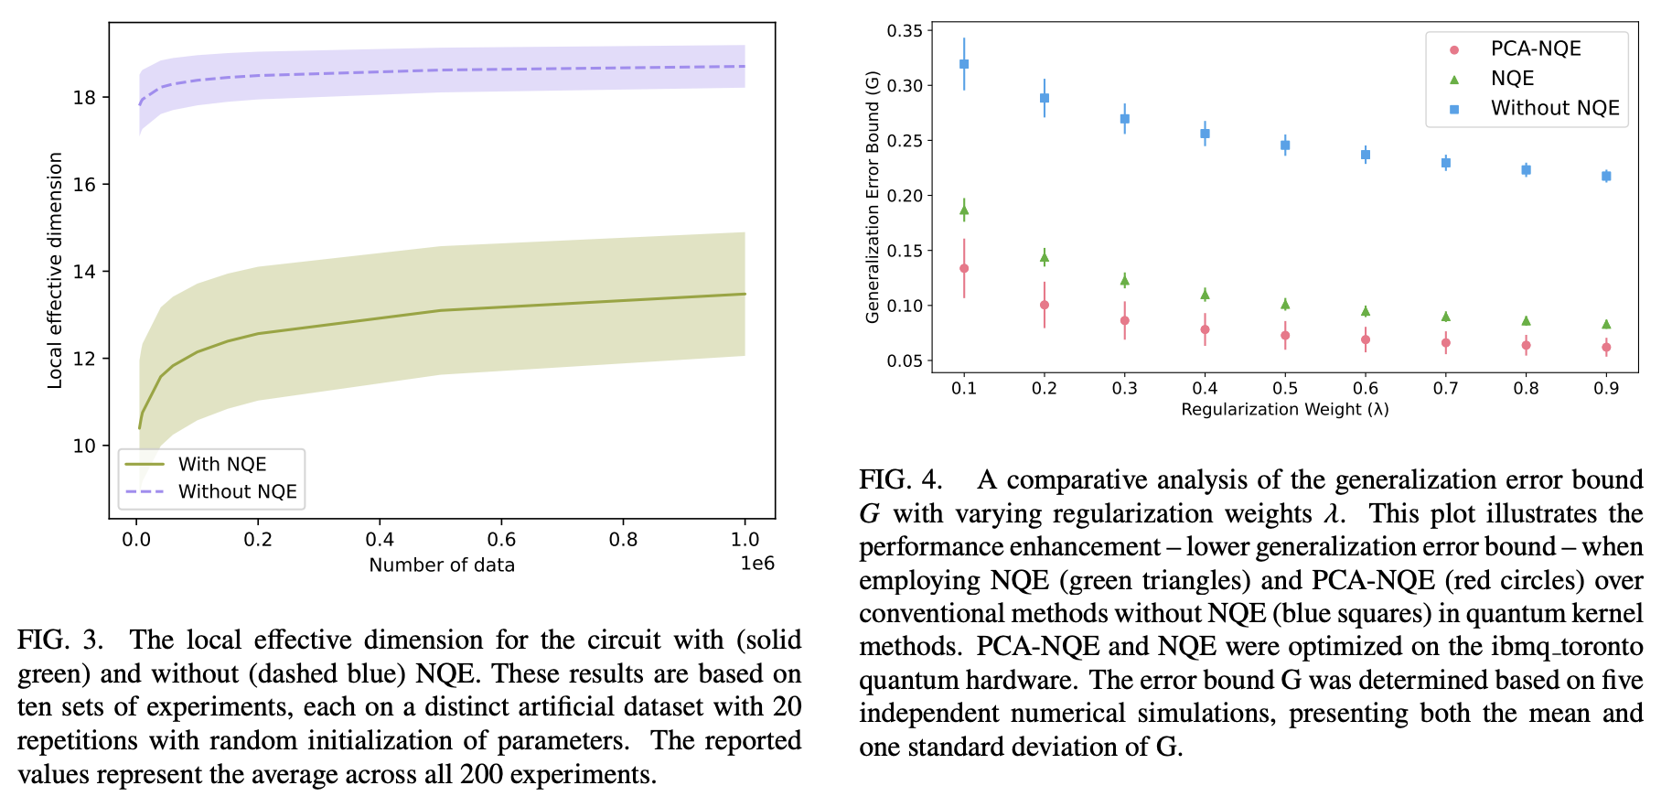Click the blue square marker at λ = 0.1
964,64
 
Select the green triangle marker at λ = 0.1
964,210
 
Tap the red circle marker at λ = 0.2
1045,306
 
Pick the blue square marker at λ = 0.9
1606,176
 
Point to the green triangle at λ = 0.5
1285,304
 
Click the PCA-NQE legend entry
1535,48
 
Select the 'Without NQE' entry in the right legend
1554,108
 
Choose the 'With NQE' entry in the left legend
221,464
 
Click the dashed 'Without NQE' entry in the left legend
237,491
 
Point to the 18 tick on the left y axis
85,98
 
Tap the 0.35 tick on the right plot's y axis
904,31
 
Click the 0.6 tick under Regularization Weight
1366,388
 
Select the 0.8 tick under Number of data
623,540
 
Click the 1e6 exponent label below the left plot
756,564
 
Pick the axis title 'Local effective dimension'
55,271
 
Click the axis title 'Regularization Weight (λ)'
1284,409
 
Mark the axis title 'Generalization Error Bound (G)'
873,197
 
